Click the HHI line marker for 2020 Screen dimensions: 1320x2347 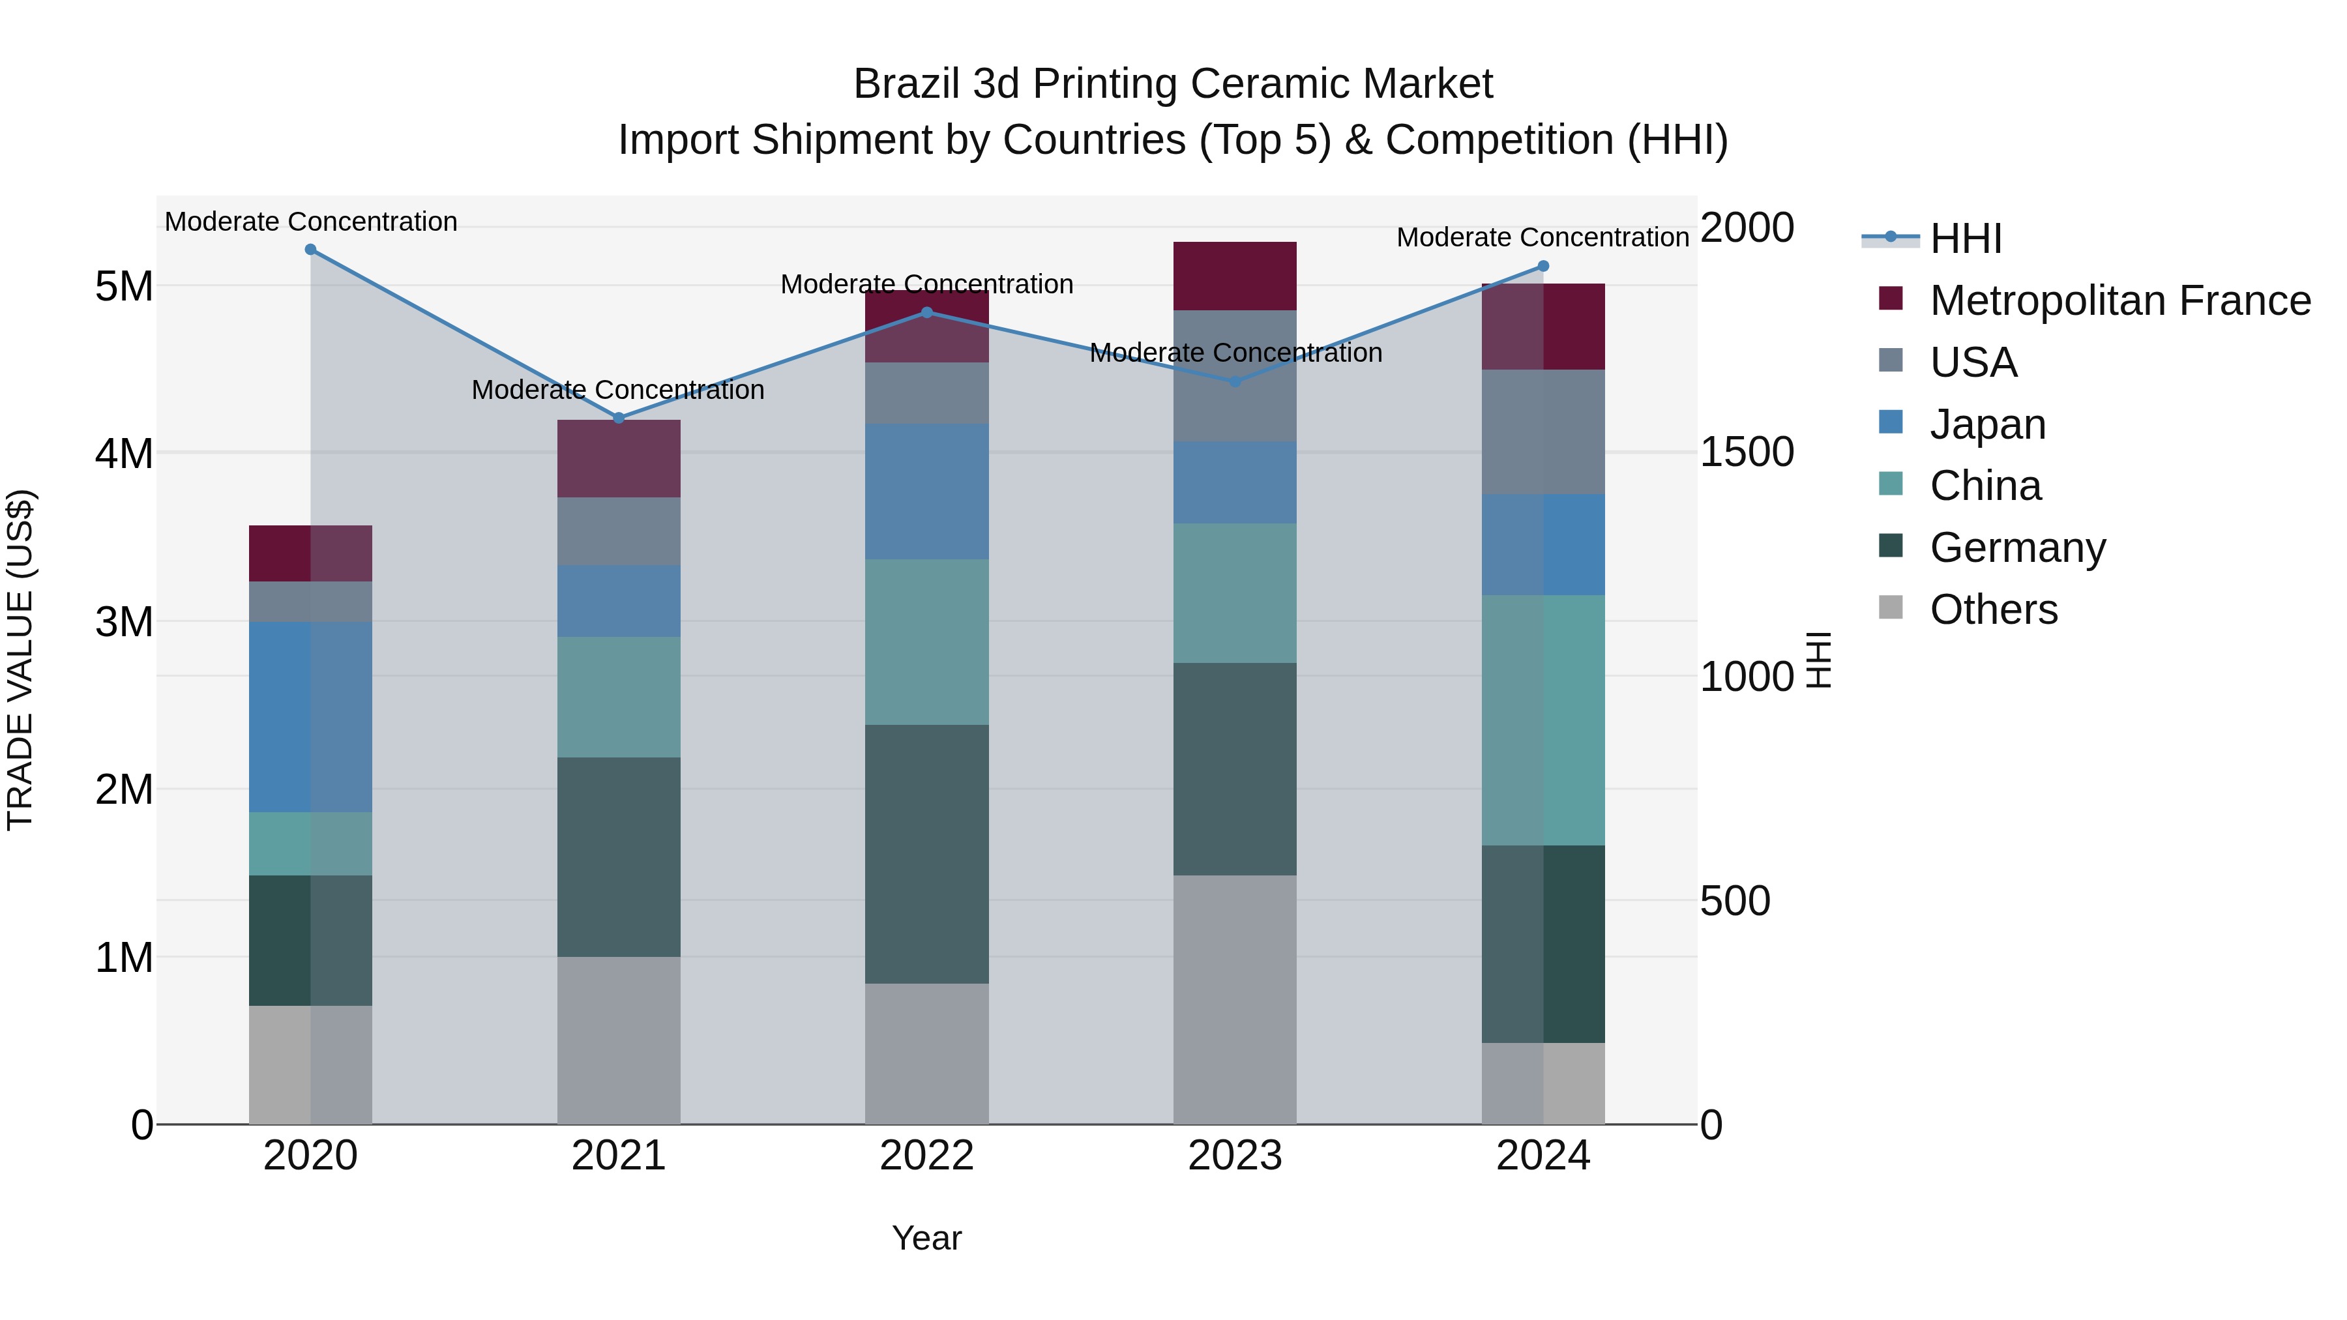(311, 250)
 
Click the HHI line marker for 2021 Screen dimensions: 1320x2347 (619, 418)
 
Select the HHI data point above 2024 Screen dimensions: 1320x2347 (1543, 266)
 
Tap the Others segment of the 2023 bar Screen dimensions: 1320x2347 (1235, 999)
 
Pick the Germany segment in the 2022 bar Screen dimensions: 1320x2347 (926, 853)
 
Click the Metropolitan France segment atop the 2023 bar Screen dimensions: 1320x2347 (1235, 276)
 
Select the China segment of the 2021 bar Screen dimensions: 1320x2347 (619, 697)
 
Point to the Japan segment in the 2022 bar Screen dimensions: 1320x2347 (926, 492)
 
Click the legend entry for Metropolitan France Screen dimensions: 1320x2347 (2119, 301)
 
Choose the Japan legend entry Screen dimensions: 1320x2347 (1987, 424)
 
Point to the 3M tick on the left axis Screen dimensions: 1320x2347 (125, 623)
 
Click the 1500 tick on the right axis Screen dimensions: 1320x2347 (1747, 453)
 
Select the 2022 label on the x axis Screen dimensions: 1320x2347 (926, 1156)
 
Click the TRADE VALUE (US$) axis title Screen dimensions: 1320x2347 (20, 660)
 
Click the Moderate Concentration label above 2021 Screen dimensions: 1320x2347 (618, 390)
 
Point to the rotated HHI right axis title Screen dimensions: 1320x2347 (1818, 660)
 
